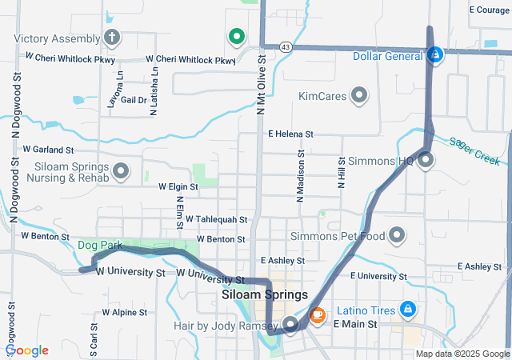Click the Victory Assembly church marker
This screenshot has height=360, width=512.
(111, 38)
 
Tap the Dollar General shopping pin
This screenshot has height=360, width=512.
(435, 55)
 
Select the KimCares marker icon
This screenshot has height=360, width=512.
(359, 96)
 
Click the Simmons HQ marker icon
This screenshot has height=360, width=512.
(426, 160)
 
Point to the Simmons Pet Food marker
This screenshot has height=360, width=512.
(397, 236)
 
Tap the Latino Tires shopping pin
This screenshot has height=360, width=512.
(407, 308)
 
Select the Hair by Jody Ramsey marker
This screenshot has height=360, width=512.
(290, 324)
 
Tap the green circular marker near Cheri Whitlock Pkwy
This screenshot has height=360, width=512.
(236, 36)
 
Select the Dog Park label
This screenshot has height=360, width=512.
(97, 245)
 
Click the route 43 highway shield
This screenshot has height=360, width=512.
(286, 48)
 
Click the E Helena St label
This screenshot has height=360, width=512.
(290, 134)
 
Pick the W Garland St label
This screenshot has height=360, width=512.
(48, 150)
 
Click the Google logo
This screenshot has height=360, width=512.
(27, 350)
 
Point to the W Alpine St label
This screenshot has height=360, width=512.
(124, 312)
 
